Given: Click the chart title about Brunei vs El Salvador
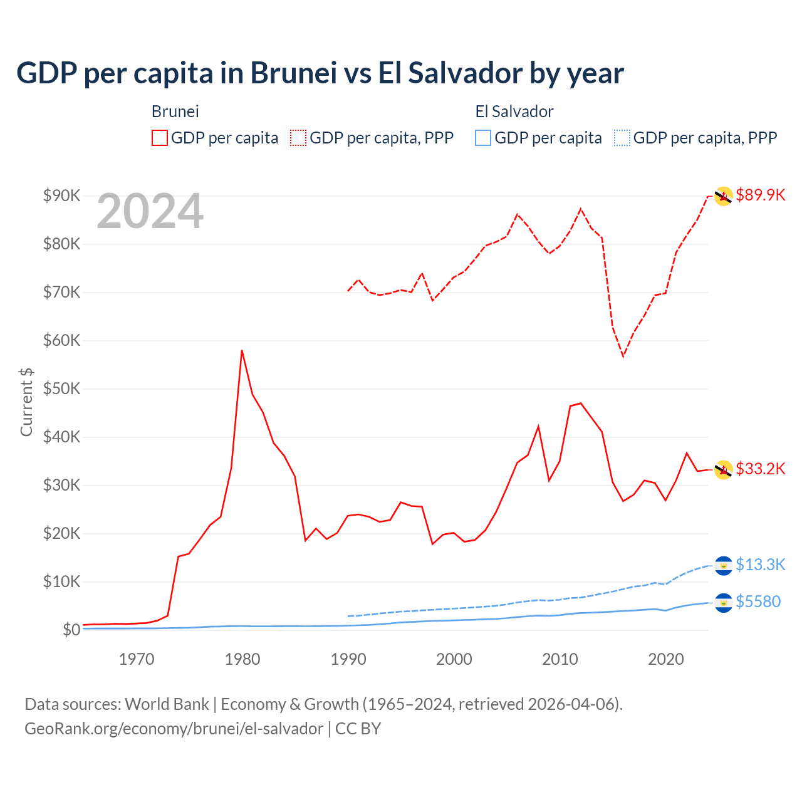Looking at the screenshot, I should (320, 73).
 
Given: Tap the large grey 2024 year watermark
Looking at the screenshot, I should (150, 212).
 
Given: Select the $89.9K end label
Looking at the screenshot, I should (760, 195).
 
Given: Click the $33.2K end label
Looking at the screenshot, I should (760, 469).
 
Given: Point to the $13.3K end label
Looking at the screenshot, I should (760, 565).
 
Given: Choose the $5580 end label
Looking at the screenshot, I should (758, 601).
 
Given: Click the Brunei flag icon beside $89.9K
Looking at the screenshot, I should (724, 196).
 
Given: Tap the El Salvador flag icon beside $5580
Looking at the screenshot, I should (724, 603).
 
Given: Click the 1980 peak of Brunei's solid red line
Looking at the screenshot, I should (242, 350).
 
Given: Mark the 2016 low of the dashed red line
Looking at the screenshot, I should (623, 356).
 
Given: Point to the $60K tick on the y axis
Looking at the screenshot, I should (61, 340).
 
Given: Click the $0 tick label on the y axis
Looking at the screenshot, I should (71, 630).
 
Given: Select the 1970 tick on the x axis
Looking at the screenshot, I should (137, 659).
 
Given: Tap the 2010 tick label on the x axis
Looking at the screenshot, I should (560, 659).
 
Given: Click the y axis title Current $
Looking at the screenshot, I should (26, 402).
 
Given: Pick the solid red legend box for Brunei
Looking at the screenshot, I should (160, 138).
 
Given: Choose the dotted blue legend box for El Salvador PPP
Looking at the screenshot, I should (622, 138).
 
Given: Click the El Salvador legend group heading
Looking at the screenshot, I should (514, 112).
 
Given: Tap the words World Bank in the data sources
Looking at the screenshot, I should (167, 704).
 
